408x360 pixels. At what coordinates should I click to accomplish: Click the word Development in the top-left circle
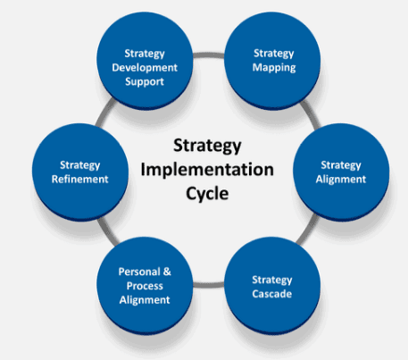[145, 68]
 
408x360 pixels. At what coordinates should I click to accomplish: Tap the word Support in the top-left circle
[145, 82]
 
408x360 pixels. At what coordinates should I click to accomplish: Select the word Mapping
[274, 68]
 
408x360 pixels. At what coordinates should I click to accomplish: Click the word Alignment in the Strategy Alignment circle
[341, 180]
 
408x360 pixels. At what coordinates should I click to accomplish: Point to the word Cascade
[272, 294]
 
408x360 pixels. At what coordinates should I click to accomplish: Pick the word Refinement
[80, 180]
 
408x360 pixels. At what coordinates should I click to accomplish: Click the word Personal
[139, 272]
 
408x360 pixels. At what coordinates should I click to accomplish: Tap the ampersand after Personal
[167, 272]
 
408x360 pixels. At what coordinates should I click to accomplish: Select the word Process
[145, 286]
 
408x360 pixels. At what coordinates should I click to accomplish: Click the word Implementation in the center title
[207, 170]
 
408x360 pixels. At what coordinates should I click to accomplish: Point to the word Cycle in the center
[207, 194]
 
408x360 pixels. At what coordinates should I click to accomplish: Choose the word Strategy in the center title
[207, 147]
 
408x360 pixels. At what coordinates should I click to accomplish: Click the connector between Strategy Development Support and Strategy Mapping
[209, 55]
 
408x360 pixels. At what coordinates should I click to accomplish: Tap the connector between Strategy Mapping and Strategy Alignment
[311, 114]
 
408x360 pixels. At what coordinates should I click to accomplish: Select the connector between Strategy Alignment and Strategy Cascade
[307, 229]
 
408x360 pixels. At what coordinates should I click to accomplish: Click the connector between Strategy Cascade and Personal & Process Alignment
[208, 285]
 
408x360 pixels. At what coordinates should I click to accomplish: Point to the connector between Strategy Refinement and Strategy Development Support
[105, 113]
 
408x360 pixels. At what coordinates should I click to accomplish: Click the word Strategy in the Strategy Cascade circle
[272, 280]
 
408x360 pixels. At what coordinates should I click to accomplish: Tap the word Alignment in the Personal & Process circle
[145, 300]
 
